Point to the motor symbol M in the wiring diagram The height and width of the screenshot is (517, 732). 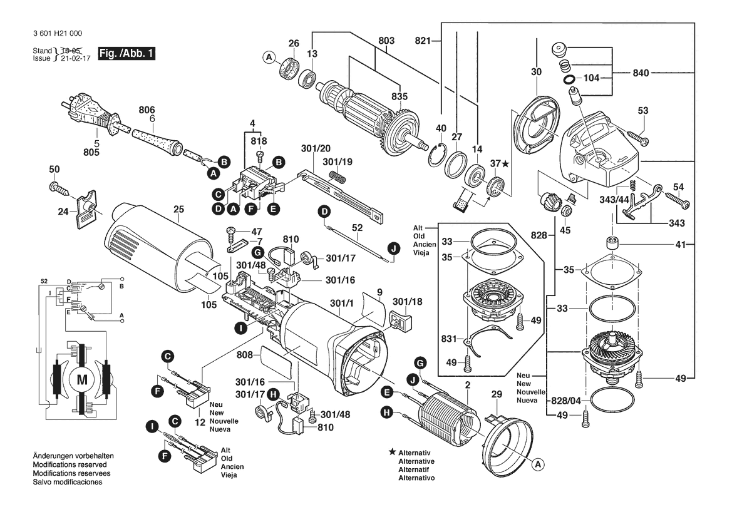pos(82,378)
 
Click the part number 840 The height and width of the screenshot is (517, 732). pos(659,73)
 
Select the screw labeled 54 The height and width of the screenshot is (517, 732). pos(675,200)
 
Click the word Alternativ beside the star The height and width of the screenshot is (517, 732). pos(416,452)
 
